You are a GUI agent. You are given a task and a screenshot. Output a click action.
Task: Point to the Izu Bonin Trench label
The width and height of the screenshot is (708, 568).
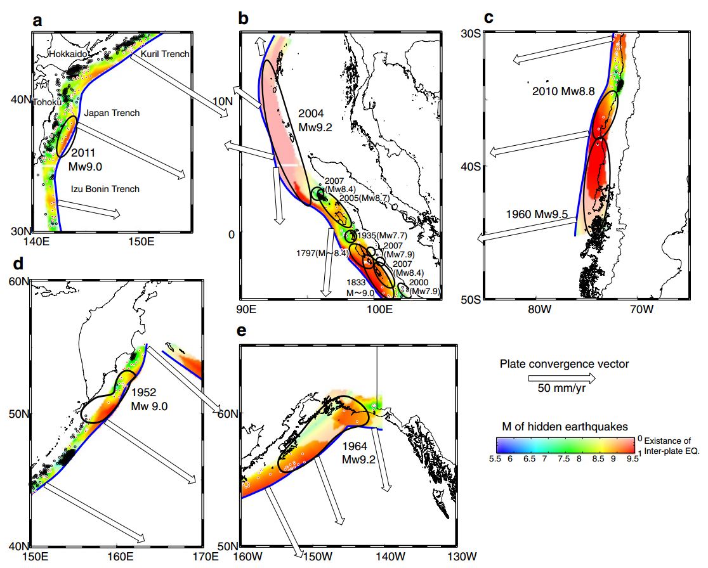105,189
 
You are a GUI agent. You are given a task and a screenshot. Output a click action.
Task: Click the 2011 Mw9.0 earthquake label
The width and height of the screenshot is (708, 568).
88,160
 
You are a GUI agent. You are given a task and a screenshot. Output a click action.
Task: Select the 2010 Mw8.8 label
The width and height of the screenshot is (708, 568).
564,91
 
